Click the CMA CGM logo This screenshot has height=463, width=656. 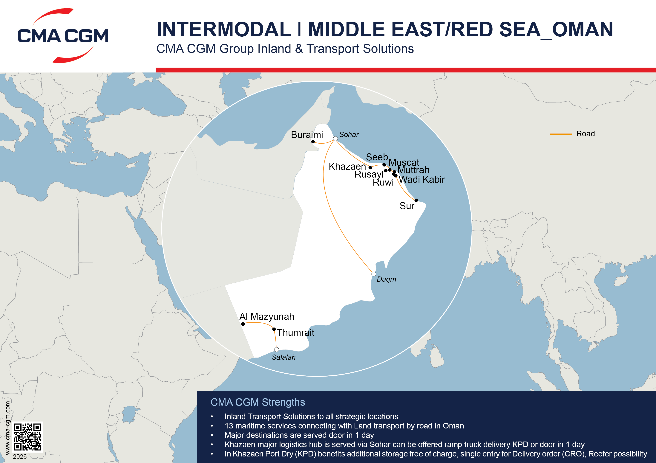pos(63,36)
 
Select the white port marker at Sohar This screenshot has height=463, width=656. pos(335,139)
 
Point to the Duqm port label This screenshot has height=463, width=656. pos(386,279)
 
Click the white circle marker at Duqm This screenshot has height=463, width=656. pos(374,274)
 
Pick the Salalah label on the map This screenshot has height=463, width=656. pos(283,357)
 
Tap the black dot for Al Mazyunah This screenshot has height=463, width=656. pos(243,324)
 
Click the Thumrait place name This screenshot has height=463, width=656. pos(295,333)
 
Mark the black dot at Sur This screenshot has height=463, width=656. pos(416,200)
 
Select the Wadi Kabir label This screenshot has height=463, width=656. pos(422,180)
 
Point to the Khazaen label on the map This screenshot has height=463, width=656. pos(347,167)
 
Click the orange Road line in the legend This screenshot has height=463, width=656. pos(560,134)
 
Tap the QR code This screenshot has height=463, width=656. pos(27,437)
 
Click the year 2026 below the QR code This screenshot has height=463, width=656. pos(20,456)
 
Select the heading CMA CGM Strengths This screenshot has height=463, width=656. pos(258,402)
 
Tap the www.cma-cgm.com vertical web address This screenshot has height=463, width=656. pos(8,428)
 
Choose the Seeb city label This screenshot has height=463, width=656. pos(377,157)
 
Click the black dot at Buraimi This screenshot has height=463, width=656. pos(313,142)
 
